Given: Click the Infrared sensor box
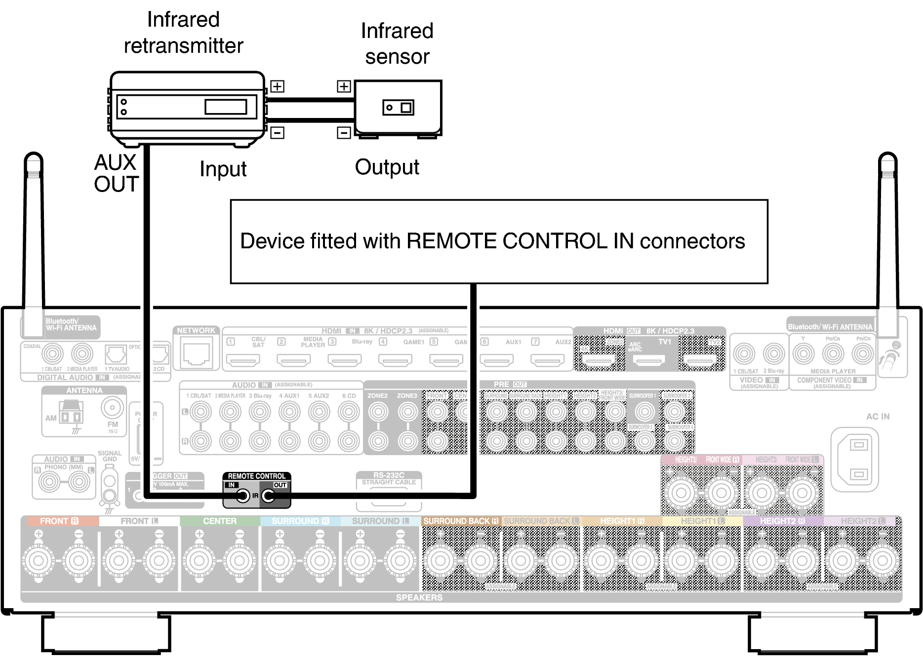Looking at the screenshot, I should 398,108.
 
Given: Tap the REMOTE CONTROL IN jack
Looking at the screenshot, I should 242,496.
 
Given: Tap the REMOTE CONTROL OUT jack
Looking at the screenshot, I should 269,496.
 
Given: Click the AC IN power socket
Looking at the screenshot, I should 858,460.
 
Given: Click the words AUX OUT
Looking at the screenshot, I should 116,173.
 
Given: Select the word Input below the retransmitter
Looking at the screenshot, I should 223,169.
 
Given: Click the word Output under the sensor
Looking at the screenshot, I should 387,167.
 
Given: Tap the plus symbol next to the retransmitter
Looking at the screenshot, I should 278,86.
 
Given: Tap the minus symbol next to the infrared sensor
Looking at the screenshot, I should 344,133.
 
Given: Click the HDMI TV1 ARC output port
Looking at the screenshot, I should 649,360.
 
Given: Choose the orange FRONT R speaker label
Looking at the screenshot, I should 59,521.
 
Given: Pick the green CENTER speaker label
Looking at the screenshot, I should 219,521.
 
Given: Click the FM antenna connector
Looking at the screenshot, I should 112,408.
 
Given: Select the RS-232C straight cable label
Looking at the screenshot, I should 389,478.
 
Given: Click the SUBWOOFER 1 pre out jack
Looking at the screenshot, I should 644,411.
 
